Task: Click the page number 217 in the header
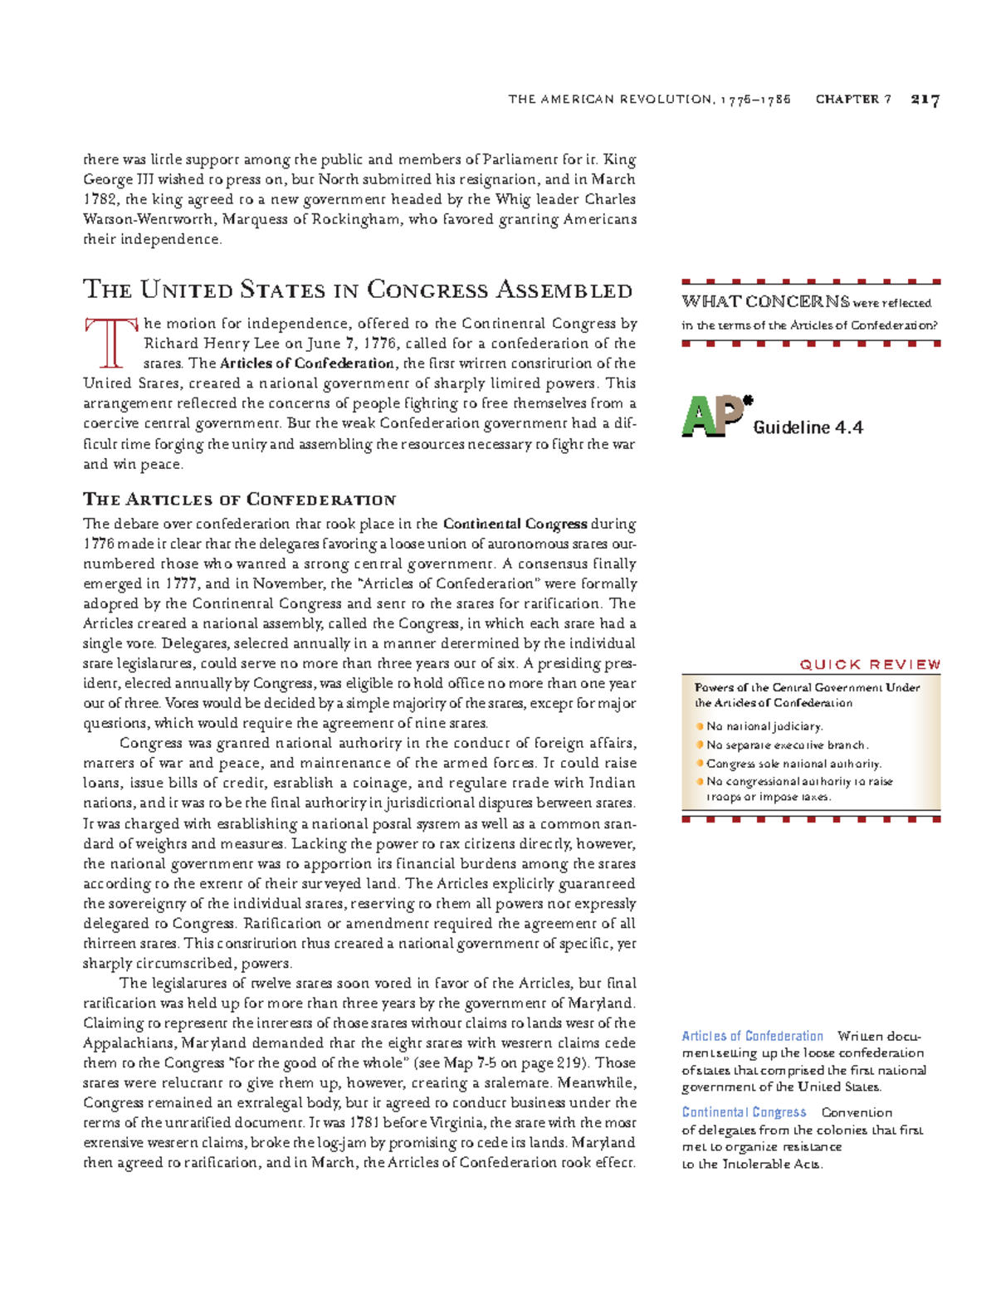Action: pos(925,100)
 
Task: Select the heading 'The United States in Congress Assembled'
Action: pos(358,290)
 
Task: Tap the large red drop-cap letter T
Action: pos(109,342)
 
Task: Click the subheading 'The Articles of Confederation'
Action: pos(239,500)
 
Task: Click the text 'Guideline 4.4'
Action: pos(808,427)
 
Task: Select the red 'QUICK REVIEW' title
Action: pos(870,664)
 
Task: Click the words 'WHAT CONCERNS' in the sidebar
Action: pos(765,302)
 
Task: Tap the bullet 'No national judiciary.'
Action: pos(764,726)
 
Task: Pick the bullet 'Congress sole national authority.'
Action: pos(793,764)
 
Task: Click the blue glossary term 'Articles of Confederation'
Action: pos(752,1036)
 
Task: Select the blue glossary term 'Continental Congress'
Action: pos(744,1112)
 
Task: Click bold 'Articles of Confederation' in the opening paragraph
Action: pos(306,364)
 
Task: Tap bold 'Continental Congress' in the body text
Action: pos(515,524)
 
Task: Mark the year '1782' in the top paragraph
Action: pos(101,199)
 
